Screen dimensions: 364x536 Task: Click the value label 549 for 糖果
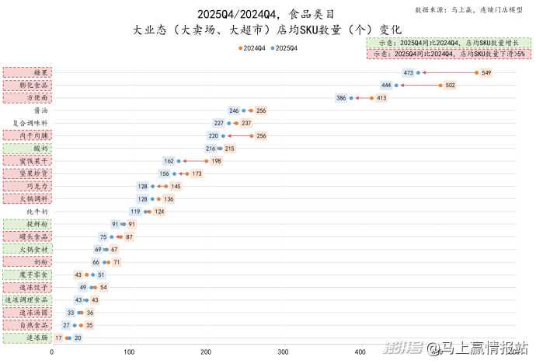(486, 72)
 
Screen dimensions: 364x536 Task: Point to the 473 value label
(409, 72)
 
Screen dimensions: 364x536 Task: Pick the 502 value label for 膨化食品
(450, 85)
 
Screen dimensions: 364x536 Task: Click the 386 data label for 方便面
(341, 98)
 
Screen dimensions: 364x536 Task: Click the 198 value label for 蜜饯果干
(217, 161)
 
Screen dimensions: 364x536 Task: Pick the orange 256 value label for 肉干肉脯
(261, 135)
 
